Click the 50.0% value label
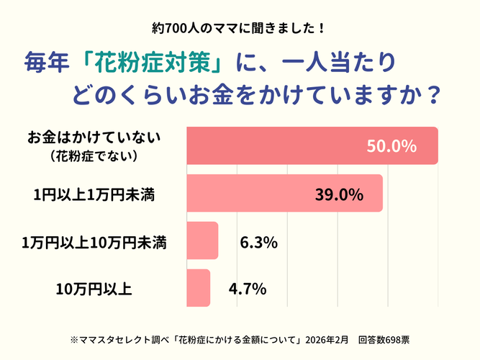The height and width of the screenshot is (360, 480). coord(391,146)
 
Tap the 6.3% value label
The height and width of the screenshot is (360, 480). coord(258,243)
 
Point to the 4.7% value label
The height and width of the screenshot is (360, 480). coord(248,290)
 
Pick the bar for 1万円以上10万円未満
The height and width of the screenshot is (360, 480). coord(202,241)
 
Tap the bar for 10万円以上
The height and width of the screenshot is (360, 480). coord(199,288)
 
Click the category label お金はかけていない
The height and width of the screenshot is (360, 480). coord(100,137)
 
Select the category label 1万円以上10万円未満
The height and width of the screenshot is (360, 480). coord(95,243)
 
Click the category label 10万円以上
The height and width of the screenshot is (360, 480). coord(94,290)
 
